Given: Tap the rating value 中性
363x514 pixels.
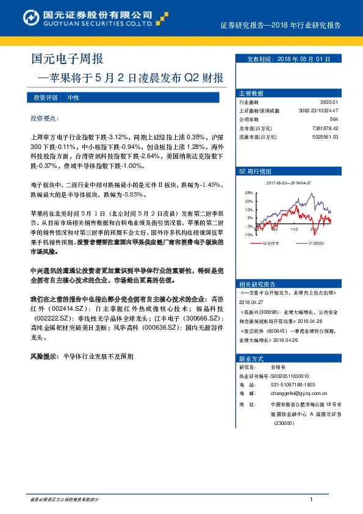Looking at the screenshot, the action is pyautogui.click(x=73, y=98).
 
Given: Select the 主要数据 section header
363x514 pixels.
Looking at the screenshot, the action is pyautogui.click(x=250, y=93).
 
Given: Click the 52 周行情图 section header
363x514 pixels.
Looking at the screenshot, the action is pyautogui.click(x=251, y=172).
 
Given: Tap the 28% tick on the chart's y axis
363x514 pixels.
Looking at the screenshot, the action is pyautogui.click(x=249, y=192).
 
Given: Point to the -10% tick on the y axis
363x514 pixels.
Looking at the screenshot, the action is pyautogui.click(x=248, y=234).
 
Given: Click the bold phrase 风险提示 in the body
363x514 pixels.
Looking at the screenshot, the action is pyautogui.click(x=44, y=355).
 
